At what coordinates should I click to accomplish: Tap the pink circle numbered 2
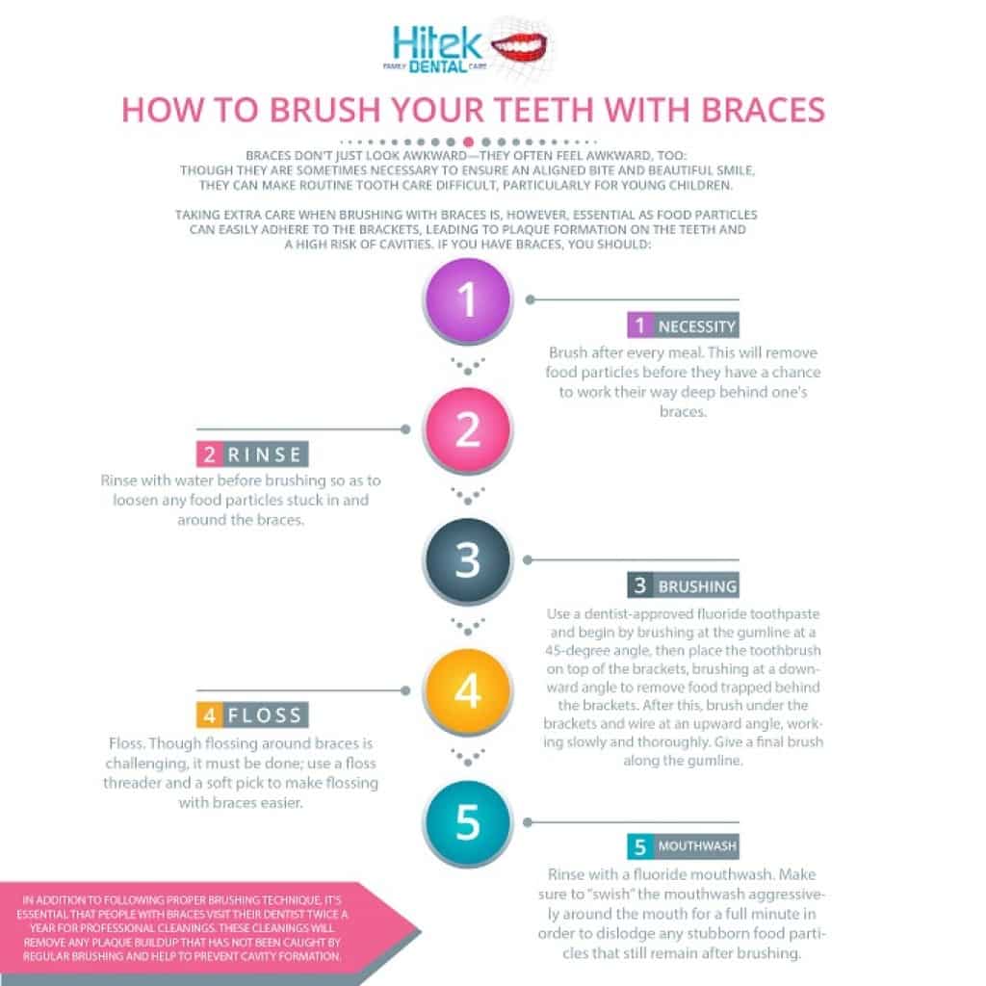coord(467,428)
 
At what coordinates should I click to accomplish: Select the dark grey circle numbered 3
coord(467,558)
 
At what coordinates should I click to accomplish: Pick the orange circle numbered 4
coord(467,690)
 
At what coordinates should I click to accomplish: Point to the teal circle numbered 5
coord(467,821)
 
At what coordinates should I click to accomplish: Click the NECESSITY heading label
coord(696,326)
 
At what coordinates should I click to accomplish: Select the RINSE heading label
coord(264,455)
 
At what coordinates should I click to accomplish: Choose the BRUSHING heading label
coord(697,585)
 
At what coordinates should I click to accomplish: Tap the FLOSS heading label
coord(264,716)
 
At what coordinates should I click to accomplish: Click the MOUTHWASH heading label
coord(697,847)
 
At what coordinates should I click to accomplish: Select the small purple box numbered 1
coord(639,325)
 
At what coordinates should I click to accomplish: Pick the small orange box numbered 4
coord(209,716)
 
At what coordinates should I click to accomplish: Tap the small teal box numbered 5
coord(639,847)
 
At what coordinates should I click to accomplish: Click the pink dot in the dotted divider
coord(468,142)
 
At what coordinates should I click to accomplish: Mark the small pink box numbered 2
coord(209,455)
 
